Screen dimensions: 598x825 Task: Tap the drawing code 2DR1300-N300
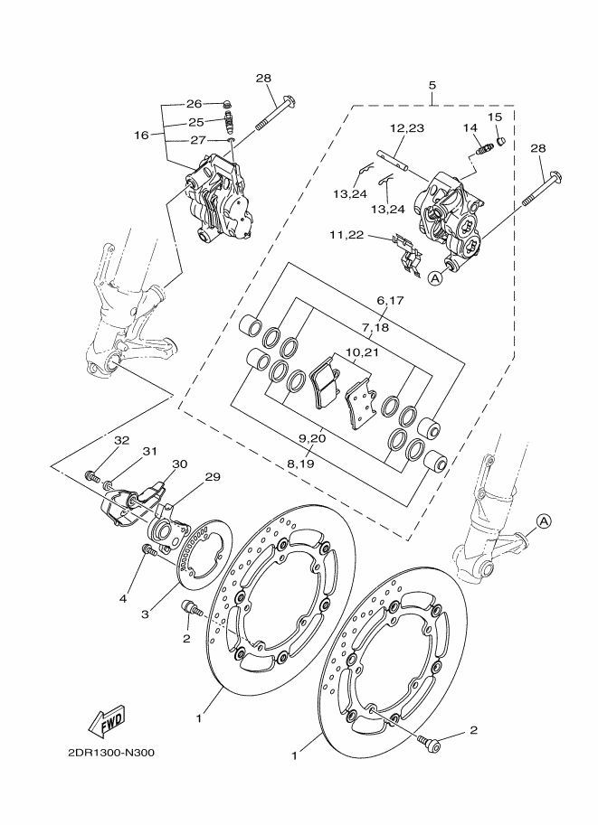pos(111,753)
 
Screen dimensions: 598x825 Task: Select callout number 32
pos(122,440)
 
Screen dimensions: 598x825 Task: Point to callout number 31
pos(150,452)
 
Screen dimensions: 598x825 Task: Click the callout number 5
pos(432,85)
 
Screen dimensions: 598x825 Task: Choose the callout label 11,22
pos(346,235)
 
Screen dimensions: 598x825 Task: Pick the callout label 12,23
pos(407,127)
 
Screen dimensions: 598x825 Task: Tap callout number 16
pos(141,136)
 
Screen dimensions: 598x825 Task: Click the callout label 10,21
pos(362,352)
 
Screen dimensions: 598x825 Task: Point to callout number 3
pos(146,614)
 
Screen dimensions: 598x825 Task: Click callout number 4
pos(123,598)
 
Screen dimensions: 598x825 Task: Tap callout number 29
pos(213,477)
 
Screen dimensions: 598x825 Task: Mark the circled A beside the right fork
pos(544,520)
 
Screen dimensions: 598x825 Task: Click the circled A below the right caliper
pos(434,278)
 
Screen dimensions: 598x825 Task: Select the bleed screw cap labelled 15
pos(501,140)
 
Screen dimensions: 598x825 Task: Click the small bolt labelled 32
pos(92,477)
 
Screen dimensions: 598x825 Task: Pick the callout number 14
pos(470,127)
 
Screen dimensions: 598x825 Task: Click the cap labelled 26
pos(228,103)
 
